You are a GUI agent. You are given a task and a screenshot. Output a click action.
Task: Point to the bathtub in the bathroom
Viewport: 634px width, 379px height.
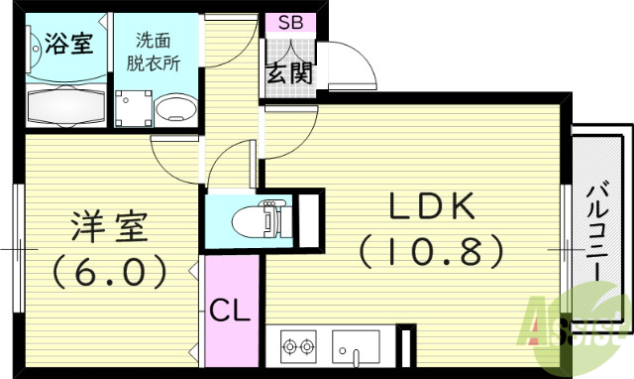[x=64, y=104]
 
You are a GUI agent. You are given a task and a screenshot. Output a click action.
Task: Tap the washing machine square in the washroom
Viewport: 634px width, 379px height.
[x=133, y=106]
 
